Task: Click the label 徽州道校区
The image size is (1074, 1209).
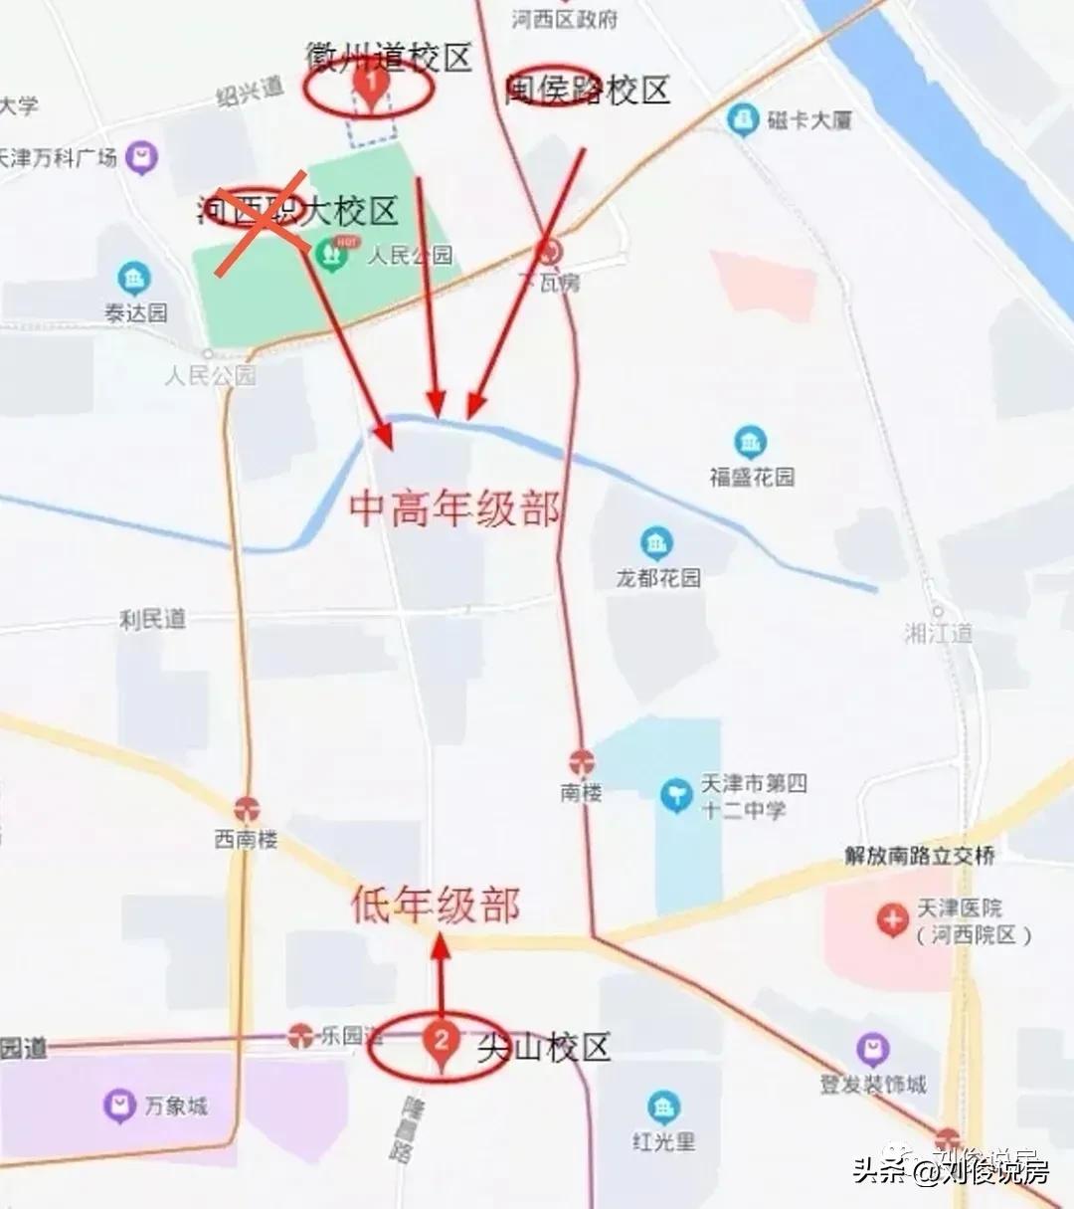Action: [x=388, y=58]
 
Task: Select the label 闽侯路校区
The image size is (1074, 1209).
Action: [x=588, y=91]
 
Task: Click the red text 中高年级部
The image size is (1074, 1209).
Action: [x=454, y=508]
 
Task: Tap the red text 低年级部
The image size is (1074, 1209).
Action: [x=436, y=905]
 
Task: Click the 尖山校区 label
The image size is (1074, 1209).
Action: [x=543, y=1047]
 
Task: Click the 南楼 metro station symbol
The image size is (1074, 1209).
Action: [x=582, y=763]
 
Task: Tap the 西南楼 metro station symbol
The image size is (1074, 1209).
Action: [x=247, y=809]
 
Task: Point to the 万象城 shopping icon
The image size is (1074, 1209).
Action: [x=119, y=1105]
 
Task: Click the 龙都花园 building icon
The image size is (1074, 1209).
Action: [x=655, y=543]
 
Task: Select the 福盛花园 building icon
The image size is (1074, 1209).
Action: [x=750, y=442]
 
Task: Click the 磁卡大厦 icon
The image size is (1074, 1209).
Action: [x=742, y=120]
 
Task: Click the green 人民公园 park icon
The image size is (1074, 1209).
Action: [x=330, y=255]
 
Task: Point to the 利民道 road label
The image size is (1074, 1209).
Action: [x=152, y=619]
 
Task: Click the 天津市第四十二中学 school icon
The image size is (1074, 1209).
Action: [x=676, y=795]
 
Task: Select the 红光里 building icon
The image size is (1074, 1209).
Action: [x=662, y=1108]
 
